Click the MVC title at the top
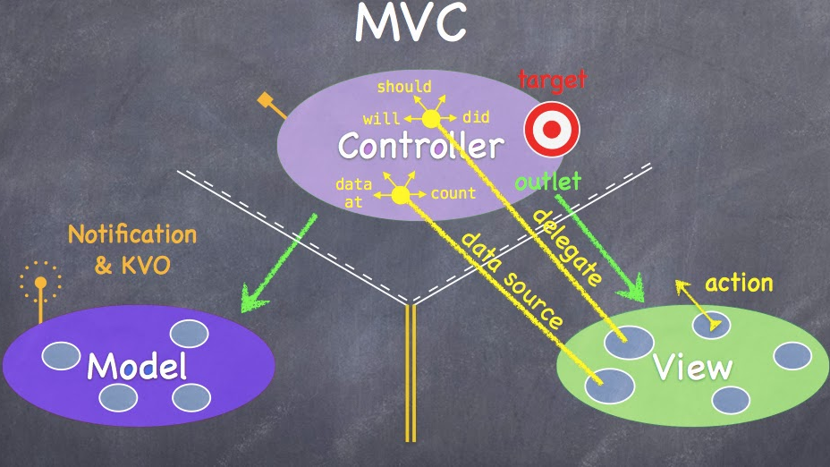coord(411,24)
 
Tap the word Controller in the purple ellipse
coord(420,146)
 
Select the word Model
coord(137,366)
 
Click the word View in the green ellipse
coord(692,367)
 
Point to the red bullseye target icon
coord(552,130)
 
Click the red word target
coord(552,80)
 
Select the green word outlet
coord(548,183)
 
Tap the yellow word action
coord(739,284)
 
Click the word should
coord(404,87)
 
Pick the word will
coord(382,118)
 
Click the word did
coord(476,117)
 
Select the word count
coord(453,192)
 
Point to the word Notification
coord(132,235)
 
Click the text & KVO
coord(133,265)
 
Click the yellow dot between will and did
coord(431,118)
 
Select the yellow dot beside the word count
coord(401,194)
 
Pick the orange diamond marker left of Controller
coord(265,100)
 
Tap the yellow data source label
coord(512,279)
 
